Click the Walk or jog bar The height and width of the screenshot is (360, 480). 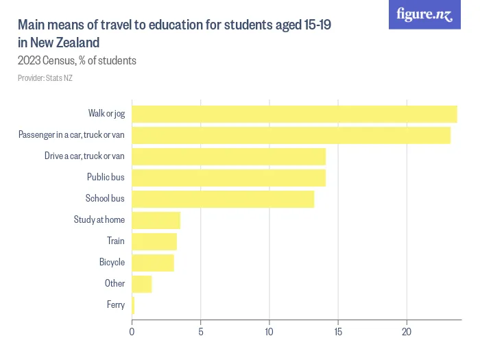294,114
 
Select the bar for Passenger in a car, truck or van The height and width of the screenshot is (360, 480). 291,135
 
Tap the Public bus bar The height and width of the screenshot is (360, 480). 228,178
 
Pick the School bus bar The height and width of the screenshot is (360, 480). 223,199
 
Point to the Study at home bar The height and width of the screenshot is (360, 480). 156,220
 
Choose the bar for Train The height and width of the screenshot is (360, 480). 154,241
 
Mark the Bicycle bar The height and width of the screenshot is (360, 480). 153,263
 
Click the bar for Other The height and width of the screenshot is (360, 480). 141,284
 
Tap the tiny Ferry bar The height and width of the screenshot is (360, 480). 133,305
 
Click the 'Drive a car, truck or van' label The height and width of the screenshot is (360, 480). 84,156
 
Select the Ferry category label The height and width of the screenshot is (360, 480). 116,305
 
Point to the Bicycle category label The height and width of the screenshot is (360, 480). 112,263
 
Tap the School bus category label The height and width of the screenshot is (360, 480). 105,199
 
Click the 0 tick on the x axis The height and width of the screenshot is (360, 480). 132,333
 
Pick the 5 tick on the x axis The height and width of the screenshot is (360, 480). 201,333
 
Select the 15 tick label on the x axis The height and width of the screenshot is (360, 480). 338,333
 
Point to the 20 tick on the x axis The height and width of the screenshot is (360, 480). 407,333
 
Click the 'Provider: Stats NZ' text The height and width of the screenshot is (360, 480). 45,78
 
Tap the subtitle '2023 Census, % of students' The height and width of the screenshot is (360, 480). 77,60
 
